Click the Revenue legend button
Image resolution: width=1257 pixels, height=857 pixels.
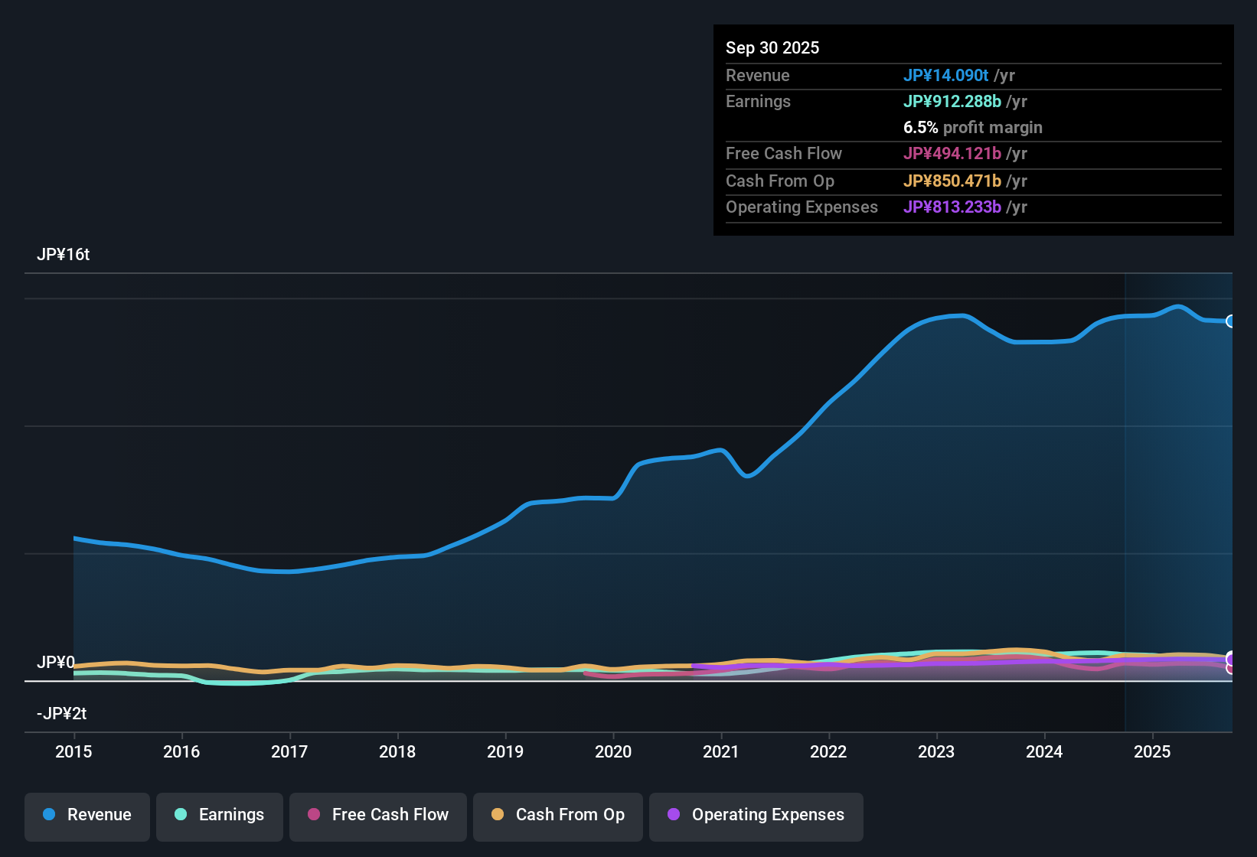tap(87, 815)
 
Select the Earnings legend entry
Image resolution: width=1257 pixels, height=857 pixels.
tap(220, 815)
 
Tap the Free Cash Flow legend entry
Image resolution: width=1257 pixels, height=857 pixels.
tap(378, 815)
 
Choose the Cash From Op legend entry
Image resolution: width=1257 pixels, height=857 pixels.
tap(558, 815)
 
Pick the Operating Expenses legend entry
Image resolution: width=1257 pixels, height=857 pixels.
tap(756, 815)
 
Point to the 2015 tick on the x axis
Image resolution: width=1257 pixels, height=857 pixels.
tap(73, 751)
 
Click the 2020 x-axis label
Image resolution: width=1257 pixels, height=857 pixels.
tap(613, 751)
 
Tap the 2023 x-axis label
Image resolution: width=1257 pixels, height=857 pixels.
tap(936, 751)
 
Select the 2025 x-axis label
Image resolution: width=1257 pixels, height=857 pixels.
tap(1152, 751)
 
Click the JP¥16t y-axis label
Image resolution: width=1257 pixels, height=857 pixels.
tap(63, 255)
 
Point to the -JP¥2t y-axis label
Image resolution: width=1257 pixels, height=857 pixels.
tap(61, 714)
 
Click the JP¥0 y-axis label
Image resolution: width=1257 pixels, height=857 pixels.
tap(56, 663)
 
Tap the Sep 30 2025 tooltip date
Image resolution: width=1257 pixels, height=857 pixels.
tap(772, 47)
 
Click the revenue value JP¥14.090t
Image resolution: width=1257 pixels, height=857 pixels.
tap(946, 75)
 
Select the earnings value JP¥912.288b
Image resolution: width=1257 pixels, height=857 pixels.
tap(952, 102)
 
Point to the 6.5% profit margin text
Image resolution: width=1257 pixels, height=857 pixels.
tap(973, 128)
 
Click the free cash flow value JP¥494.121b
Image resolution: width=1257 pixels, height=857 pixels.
tap(952, 154)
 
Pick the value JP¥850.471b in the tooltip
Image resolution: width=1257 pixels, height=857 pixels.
tap(952, 181)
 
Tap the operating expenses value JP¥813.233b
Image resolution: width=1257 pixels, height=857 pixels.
tap(952, 207)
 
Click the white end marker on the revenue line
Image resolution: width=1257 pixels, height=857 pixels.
tap(1231, 321)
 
